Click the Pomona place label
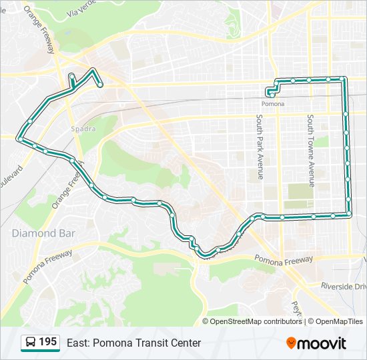click(272, 104)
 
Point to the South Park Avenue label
click(260, 147)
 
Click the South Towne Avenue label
click(311, 149)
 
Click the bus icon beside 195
click(30, 343)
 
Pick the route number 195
click(47, 342)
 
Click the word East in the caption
click(77, 343)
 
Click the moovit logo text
click(322, 343)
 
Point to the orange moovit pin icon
click(292, 343)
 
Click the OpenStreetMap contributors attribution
click(256, 321)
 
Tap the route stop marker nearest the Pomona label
click(272, 95)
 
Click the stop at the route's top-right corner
click(342, 79)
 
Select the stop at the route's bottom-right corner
click(348, 214)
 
